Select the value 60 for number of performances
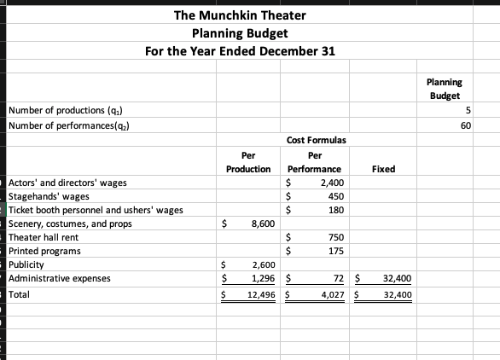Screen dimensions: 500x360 point(465,125)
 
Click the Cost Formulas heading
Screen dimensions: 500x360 point(316,140)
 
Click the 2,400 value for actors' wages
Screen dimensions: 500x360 point(331,183)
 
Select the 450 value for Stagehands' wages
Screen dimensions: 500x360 point(334,196)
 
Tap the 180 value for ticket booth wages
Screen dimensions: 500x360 point(335,210)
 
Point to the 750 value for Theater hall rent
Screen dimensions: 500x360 point(334,237)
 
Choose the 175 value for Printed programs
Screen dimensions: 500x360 point(334,251)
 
